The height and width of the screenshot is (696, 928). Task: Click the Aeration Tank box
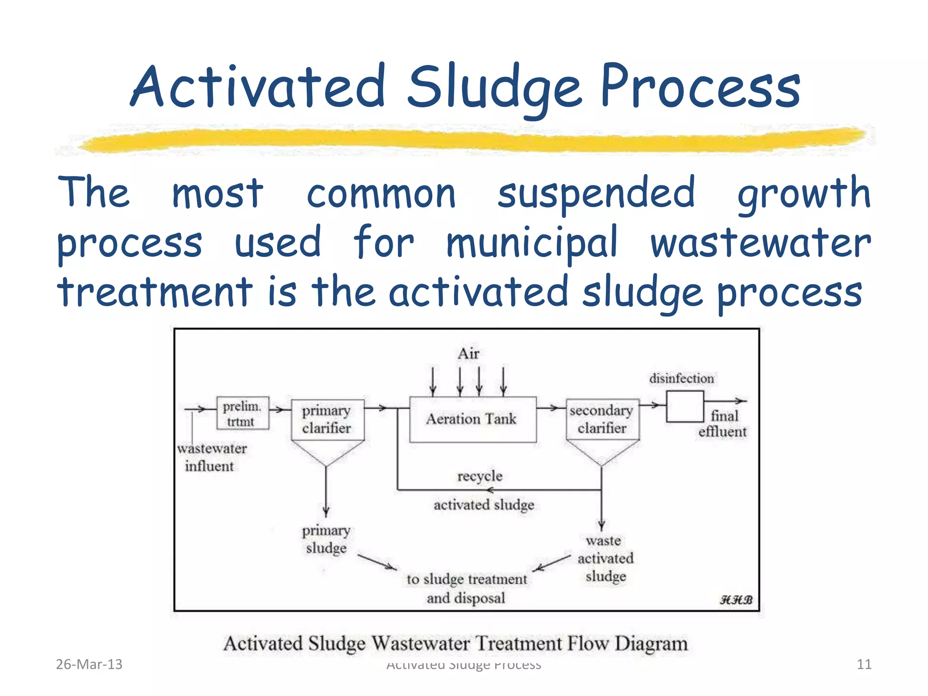point(472,419)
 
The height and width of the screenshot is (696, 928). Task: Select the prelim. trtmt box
point(242,413)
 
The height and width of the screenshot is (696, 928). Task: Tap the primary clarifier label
point(327,419)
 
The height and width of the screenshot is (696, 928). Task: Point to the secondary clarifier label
point(602,419)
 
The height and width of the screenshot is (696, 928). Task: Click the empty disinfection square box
point(684,406)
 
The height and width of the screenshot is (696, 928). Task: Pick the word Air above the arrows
point(468,353)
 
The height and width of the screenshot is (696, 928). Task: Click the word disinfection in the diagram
point(681,378)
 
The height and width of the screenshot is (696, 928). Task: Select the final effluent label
point(723,424)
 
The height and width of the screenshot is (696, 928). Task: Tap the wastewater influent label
point(212,457)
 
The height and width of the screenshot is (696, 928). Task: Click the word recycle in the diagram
point(480,476)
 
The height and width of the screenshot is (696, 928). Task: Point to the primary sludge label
point(326,539)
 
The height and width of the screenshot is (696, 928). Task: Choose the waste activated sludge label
point(605,558)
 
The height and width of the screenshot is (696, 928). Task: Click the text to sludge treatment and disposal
point(467,588)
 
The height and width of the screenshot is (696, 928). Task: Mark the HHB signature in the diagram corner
point(736,599)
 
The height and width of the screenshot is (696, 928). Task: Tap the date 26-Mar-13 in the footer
point(89,664)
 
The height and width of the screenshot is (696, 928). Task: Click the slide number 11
point(864,664)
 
